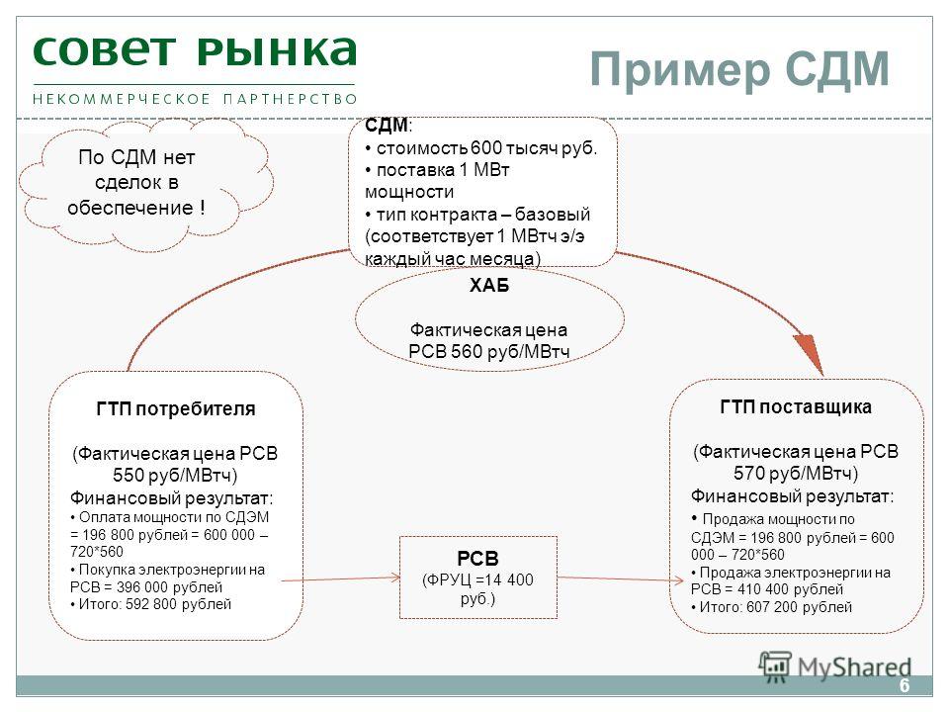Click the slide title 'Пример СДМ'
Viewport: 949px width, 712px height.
(x=739, y=70)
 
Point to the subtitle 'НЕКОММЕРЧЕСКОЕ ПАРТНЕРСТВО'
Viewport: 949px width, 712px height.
(x=195, y=99)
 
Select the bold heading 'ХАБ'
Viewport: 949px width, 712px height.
(x=489, y=285)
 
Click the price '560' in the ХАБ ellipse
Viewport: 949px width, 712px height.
(x=466, y=351)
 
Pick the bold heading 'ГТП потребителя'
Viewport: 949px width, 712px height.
(x=176, y=408)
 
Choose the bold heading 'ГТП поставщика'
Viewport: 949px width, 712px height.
(x=796, y=406)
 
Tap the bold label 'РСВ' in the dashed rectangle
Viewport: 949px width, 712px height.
(x=477, y=558)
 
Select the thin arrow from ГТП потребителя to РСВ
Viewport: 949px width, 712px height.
(x=341, y=578)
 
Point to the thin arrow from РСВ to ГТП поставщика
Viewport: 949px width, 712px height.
(x=621, y=578)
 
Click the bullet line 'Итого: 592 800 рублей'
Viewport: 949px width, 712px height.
(x=150, y=604)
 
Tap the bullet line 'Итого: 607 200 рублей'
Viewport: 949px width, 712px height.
(x=772, y=606)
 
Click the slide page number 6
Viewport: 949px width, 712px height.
(x=905, y=685)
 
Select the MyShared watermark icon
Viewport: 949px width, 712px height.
(x=775, y=667)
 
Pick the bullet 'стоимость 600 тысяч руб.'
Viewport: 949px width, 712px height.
(x=481, y=147)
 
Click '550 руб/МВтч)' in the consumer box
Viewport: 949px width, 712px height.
(x=175, y=476)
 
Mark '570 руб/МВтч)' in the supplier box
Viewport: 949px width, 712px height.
(x=796, y=473)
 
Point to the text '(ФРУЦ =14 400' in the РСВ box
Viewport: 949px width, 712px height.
(x=477, y=580)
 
